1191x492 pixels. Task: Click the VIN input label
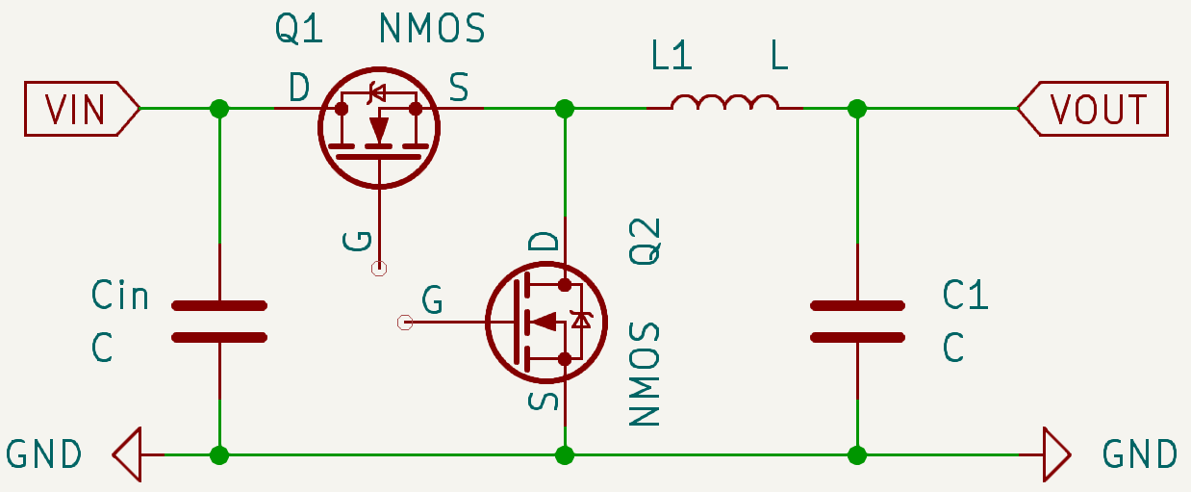click(77, 109)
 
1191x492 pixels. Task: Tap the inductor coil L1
click(724, 102)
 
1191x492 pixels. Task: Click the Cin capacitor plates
click(219, 322)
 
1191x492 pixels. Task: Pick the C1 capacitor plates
click(857, 322)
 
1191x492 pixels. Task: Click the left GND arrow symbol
click(128, 453)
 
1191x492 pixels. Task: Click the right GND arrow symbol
click(1055, 453)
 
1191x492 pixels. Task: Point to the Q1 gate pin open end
click(379, 269)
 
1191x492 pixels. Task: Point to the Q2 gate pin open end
click(405, 322)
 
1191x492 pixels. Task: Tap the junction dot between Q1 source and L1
click(565, 109)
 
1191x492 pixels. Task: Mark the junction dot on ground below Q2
click(565, 453)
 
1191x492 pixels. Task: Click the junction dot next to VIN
click(219, 109)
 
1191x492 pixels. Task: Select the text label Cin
click(120, 295)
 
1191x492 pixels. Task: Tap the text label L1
click(672, 57)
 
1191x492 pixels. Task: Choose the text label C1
click(965, 295)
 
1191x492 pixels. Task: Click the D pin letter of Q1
click(299, 89)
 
